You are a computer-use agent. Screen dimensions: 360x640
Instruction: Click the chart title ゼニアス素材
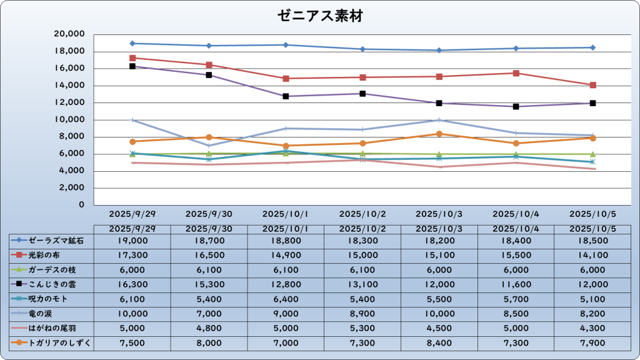[320, 16]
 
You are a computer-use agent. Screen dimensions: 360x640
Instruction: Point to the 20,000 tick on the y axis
[70, 34]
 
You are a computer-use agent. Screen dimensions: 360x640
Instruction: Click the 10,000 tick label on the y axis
[70, 119]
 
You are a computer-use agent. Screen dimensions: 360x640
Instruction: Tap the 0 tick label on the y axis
[81, 205]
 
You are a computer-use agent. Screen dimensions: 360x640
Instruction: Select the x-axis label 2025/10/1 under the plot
[286, 214]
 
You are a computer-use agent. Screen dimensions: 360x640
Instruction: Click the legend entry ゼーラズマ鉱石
[55, 240]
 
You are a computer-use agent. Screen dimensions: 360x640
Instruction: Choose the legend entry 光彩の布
[47, 255]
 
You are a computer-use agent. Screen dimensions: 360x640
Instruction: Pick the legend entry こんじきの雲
[52, 284]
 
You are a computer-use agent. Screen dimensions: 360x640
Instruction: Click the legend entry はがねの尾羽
[52, 328]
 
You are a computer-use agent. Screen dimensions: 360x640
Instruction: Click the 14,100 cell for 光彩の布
[592, 255]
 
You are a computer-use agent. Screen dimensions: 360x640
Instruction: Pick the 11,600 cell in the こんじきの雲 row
[516, 284]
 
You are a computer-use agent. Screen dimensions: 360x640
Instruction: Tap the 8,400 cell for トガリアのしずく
[439, 343]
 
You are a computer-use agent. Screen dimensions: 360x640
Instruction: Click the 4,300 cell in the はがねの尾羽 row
[592, 328]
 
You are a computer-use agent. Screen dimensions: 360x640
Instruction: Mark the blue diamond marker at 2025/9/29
[132, 43]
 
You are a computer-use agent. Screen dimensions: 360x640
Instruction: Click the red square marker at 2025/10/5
[592, 85]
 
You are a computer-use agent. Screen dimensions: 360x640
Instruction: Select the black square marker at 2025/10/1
[286, 96]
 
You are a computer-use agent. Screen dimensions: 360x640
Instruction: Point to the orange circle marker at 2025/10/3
[439, 134]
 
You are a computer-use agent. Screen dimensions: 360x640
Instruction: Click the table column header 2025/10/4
[516, 229]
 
